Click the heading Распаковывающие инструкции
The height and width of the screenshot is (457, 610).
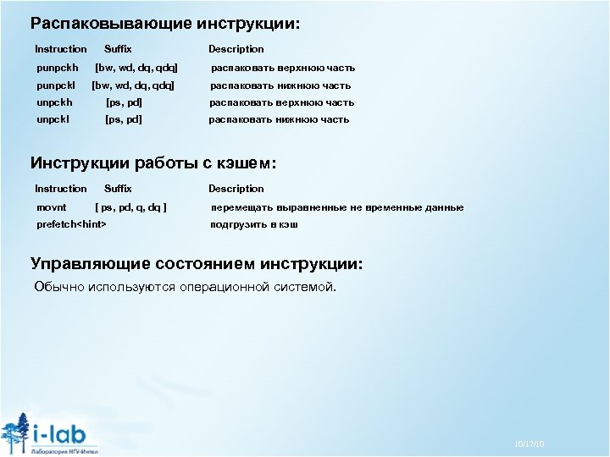(164, 24)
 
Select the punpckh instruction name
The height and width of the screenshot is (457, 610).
(58, 68)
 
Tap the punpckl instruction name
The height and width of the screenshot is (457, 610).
(57, 85)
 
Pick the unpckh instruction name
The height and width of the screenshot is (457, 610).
(55, 102)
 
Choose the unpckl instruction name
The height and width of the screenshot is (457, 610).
(54, 119)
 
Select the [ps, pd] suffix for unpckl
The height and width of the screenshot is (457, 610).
(123, 119)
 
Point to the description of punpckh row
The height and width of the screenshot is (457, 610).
(282, 68)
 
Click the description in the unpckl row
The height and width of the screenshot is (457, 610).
(279, 119)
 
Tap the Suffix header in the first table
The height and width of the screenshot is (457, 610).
(118, 49)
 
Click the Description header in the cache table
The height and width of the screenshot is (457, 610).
(236, 189)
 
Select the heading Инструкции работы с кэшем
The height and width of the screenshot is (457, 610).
(153, 162)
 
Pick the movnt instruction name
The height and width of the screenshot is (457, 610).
(52, 207)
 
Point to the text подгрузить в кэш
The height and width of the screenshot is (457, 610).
(254, 225)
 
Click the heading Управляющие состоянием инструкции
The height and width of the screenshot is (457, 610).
(197, 264)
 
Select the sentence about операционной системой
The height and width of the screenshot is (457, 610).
(185, 287)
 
